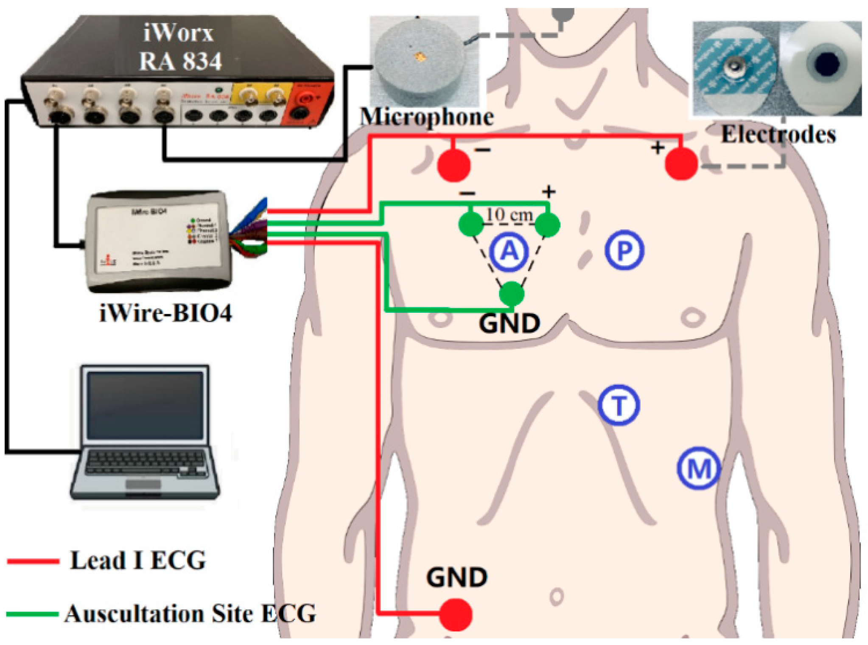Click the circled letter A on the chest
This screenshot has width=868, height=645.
509,252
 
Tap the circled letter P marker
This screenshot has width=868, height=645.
624,250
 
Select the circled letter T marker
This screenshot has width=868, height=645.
619,405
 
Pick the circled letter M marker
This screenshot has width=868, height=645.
698,468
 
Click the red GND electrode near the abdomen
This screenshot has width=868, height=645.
455,614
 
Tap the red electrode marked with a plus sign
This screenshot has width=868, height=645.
681,164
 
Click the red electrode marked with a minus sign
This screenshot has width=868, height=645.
454,165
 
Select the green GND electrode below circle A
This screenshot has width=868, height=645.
512,294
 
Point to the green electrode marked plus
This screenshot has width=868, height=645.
547,224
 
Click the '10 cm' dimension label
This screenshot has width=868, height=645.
509,215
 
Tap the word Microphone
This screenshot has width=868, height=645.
427,117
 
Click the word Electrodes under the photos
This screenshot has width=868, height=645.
778,135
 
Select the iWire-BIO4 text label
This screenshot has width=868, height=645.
165,314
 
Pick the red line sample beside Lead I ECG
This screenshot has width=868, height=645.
33,561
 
